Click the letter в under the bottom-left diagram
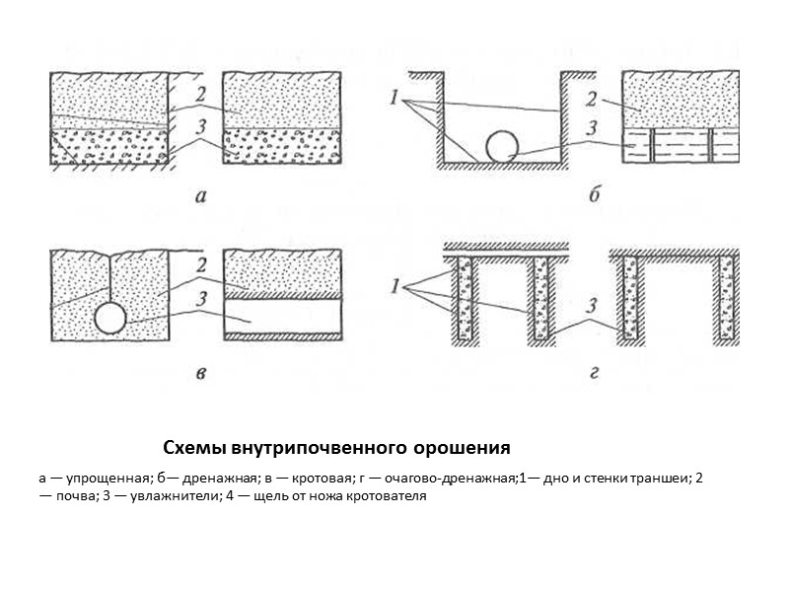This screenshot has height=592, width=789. coord(200,374)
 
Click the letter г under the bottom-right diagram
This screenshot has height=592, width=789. coord(594,375)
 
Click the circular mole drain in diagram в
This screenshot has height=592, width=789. coord(110,318)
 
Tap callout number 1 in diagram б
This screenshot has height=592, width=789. coord(394,99)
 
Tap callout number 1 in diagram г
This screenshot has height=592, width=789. coord(394,287)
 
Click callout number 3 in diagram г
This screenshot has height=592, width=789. coord(594,306)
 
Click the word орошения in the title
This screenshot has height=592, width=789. coord(461,449)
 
